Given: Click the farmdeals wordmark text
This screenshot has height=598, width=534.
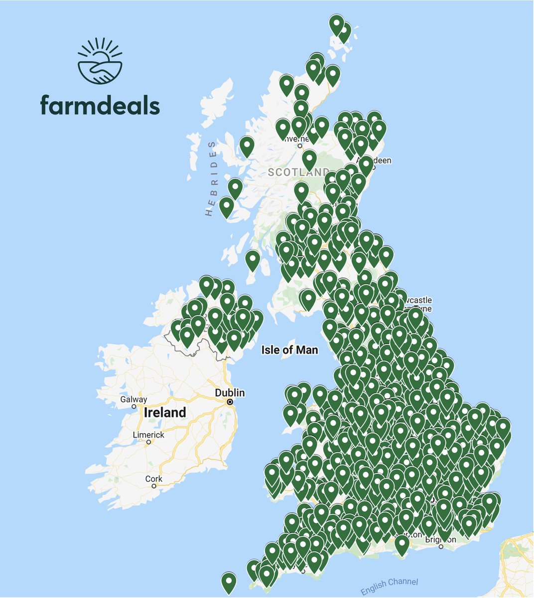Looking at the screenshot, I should (100, 105).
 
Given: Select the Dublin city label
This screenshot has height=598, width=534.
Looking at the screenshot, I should (230, 393).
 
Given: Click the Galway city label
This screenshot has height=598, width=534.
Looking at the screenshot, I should (134, 399).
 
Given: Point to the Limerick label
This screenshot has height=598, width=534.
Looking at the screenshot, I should (148, 435).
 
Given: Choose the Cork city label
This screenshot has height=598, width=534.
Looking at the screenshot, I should (154, 478).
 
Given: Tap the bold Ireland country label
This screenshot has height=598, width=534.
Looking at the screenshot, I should (165, 413).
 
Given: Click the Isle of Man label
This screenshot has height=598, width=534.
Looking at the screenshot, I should (289, 350).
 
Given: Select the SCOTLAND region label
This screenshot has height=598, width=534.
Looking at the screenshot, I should (298, 172).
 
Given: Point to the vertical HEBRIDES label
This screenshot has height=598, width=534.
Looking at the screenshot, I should (211, 178).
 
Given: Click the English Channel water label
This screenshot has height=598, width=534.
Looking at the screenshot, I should (390, 586).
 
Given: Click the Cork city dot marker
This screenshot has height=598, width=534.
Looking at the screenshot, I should (154, 486).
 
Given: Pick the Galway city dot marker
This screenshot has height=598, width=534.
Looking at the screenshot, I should (134, 406).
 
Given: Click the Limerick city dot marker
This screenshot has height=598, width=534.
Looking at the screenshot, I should (148, 442).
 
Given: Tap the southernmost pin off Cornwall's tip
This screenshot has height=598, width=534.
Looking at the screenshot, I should (229, 581).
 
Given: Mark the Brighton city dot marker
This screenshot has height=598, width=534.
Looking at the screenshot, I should (441, 547).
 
